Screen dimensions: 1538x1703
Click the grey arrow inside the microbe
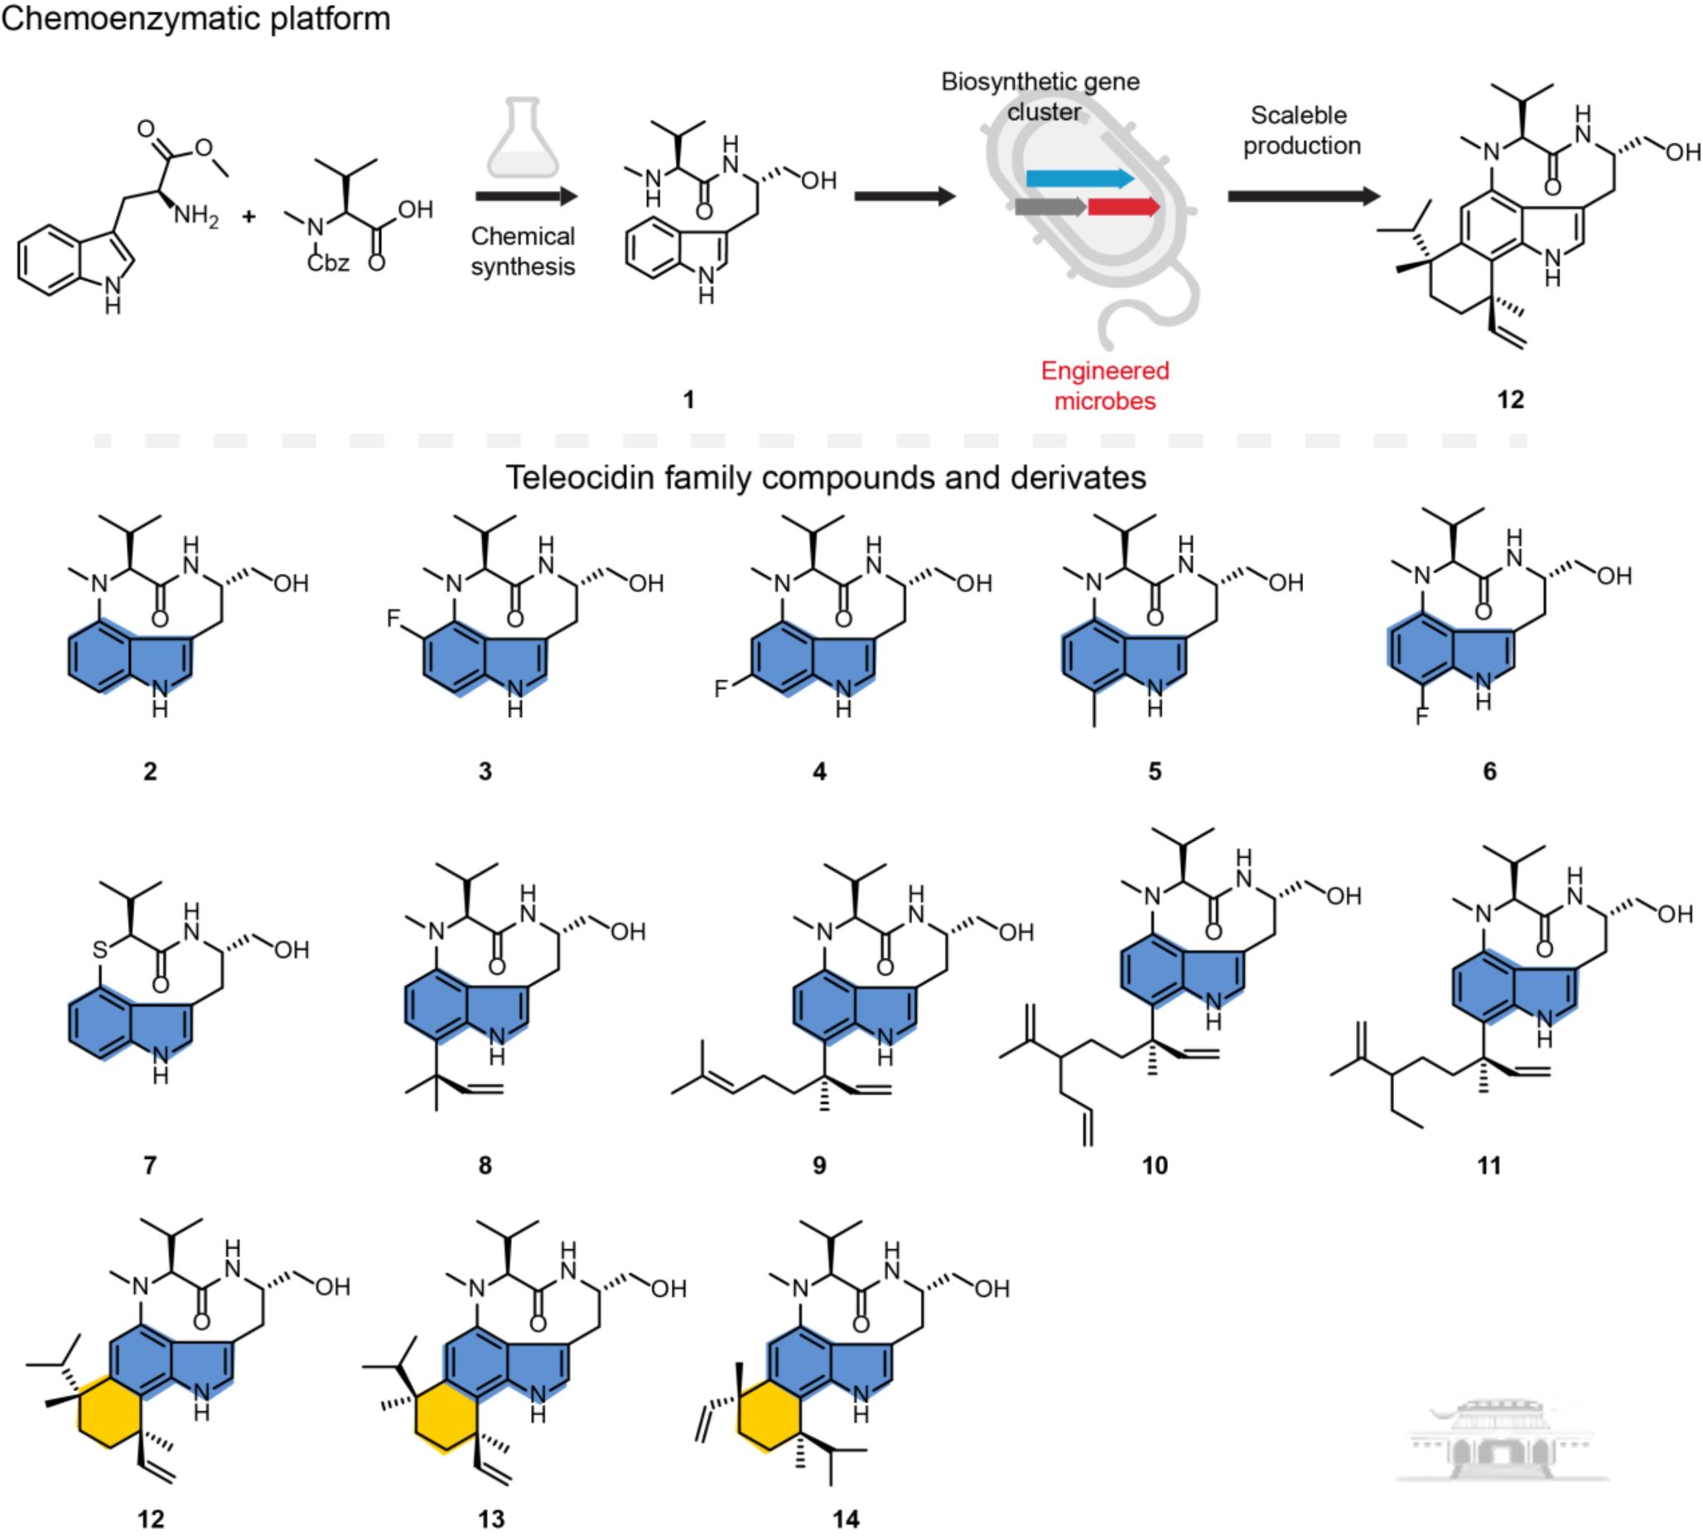pos(1051,207)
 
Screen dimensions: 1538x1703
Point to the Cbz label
pos(328,263)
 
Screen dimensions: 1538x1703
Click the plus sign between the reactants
pos(248,216)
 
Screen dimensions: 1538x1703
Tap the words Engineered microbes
pos(1105,385)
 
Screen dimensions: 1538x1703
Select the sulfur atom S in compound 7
pos(100,949)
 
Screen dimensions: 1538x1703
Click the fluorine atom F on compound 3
pos(393,618)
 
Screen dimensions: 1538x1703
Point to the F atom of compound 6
pos(1422,717)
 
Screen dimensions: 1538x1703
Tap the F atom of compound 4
pos(720,689)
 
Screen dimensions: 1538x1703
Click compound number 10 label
pos(1155,1165)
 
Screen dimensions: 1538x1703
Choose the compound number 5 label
pos(1155,770)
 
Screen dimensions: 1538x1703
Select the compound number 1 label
pos(689,399)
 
